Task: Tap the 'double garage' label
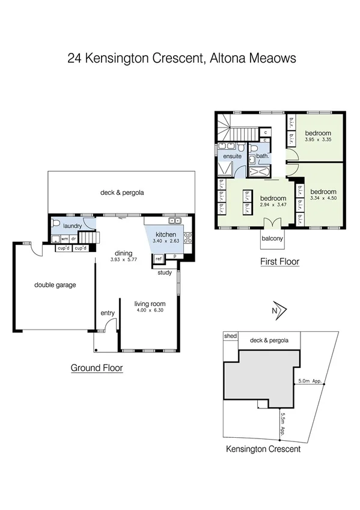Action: pyautogui.click(x=55, y=285)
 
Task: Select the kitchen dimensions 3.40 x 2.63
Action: pyautogui.click(x=165, y=241)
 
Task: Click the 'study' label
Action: pyautogui.click(x=165, y=272)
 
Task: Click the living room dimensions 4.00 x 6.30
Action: pyautogui.click(x=149, y=311)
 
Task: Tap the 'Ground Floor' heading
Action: pyautogui.click(x=97, y=368)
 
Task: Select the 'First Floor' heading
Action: pyautogui.click(x=279, y=262)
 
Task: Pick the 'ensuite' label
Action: pyautogui.click(x=232, y=156)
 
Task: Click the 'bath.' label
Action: pyautogui.click(x=262, y=156)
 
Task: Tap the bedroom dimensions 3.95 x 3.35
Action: pyautogui.click(x=318, y=140)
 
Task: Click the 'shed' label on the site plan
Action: pyautogui.click(x=230, y=336)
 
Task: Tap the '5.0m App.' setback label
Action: pyautogui.click(x=310, y=380)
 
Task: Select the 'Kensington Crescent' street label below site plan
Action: pyautogui.click(x=263, y=449)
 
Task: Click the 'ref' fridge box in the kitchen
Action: pyautogui.click(x=159, y=258)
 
